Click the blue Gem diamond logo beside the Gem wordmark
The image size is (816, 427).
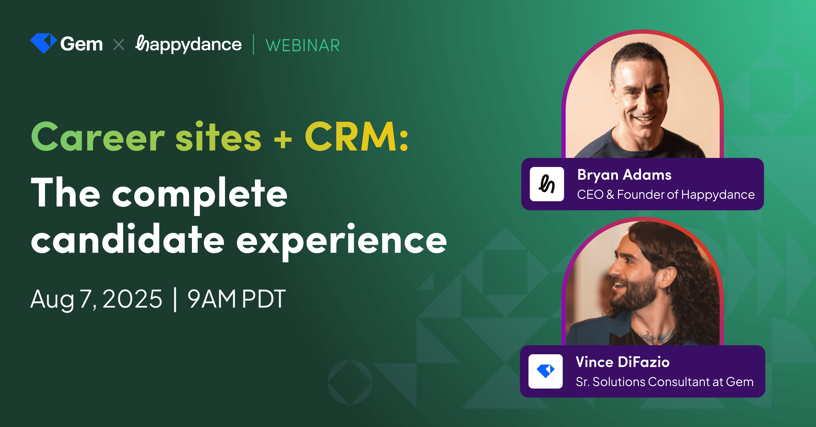[43, 43]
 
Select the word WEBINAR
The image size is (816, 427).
[303, 45]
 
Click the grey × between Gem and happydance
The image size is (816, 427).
[119, 44]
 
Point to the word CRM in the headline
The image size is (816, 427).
[350, 137]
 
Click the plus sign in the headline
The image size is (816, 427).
[283, 140]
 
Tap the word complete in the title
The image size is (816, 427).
[199, 193]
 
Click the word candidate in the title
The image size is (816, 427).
[128, 239]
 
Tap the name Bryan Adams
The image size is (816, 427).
[624, 175]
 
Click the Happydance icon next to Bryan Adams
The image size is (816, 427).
[547, 184]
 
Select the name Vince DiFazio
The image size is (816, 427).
[622, 362]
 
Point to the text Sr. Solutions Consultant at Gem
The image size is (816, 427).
[664, 382]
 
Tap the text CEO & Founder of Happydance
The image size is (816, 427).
[665, 195]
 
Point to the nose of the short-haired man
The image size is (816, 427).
[643, 103]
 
